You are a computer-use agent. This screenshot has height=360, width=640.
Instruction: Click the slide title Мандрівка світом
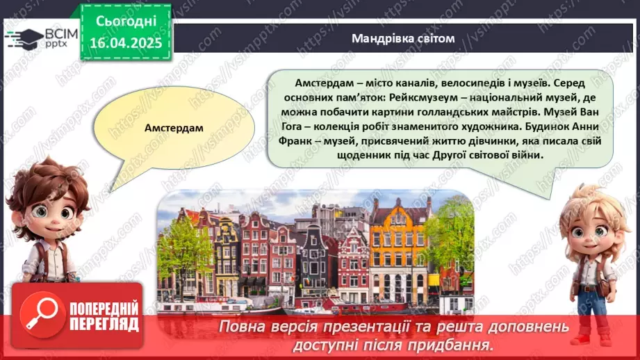[402, 38]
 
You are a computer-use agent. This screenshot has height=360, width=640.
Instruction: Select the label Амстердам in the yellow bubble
[174, 129]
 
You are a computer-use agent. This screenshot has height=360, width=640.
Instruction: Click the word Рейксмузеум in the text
[395, 98]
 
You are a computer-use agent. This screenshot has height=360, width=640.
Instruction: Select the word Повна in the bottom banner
[240, 327]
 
